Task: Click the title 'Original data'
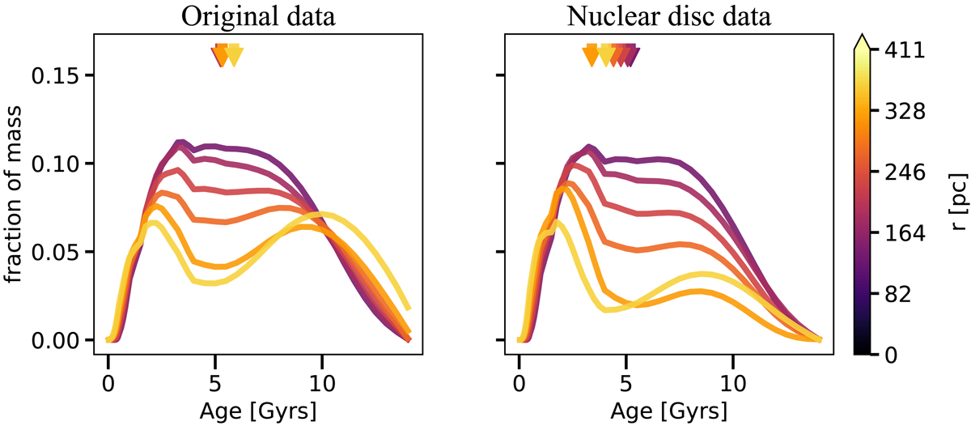(x=257, y=16)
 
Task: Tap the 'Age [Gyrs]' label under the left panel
(x=257, y=410)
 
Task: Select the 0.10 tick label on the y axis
(x=56, y=164)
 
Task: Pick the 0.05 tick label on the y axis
(x=56, y=252)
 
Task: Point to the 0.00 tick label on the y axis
(x=56, y=340)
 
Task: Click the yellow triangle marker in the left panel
(x=234, y=56)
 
